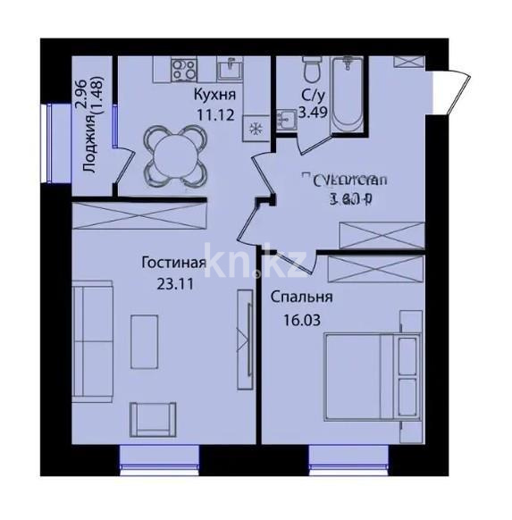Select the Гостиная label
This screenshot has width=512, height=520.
click(174, 263)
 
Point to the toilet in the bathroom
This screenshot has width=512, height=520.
click(311, 67)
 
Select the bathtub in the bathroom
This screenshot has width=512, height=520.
click(346, 94)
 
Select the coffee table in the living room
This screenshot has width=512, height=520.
click(144, 339)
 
